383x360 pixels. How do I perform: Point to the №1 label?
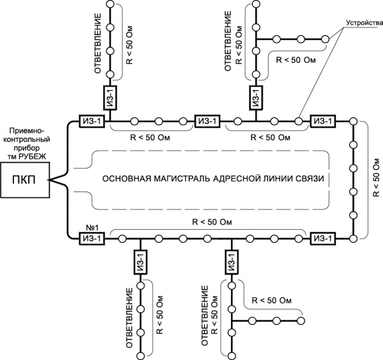coord(86,227)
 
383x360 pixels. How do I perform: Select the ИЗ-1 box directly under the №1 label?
coord(91,238)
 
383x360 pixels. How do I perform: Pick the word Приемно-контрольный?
coord(29,128)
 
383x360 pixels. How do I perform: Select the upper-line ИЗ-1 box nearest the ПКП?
coord(91,120)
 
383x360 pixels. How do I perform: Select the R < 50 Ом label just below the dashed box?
coord(211,221)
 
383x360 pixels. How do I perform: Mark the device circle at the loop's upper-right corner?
coord(352,120)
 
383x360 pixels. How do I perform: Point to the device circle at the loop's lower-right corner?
coord(352,238)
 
